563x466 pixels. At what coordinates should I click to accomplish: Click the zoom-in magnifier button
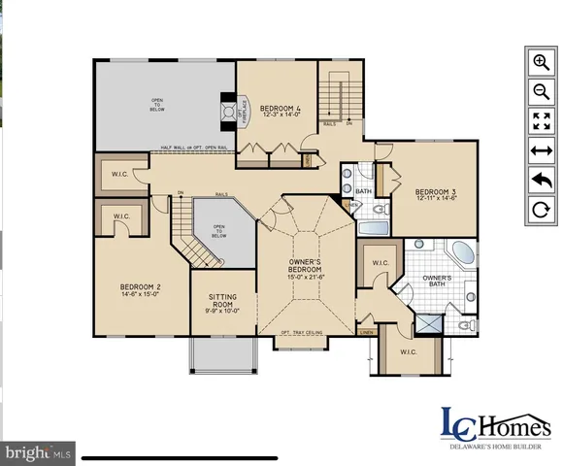coord(540,61)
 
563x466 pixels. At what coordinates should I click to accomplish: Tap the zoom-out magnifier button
coord(540,91)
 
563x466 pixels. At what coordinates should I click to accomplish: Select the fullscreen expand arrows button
coord(540,120)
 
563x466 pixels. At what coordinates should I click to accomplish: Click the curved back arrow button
coord(540,180)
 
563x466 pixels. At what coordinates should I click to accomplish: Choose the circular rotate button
coord(540,209)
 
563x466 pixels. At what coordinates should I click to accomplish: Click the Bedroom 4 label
coord(276,110)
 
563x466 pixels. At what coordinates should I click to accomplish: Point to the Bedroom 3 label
coord(429,194)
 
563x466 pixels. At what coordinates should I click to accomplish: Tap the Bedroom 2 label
coord(141,290)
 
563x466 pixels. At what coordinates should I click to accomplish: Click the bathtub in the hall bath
coord(374,229)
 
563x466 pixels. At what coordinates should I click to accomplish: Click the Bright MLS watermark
coord(39,452)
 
